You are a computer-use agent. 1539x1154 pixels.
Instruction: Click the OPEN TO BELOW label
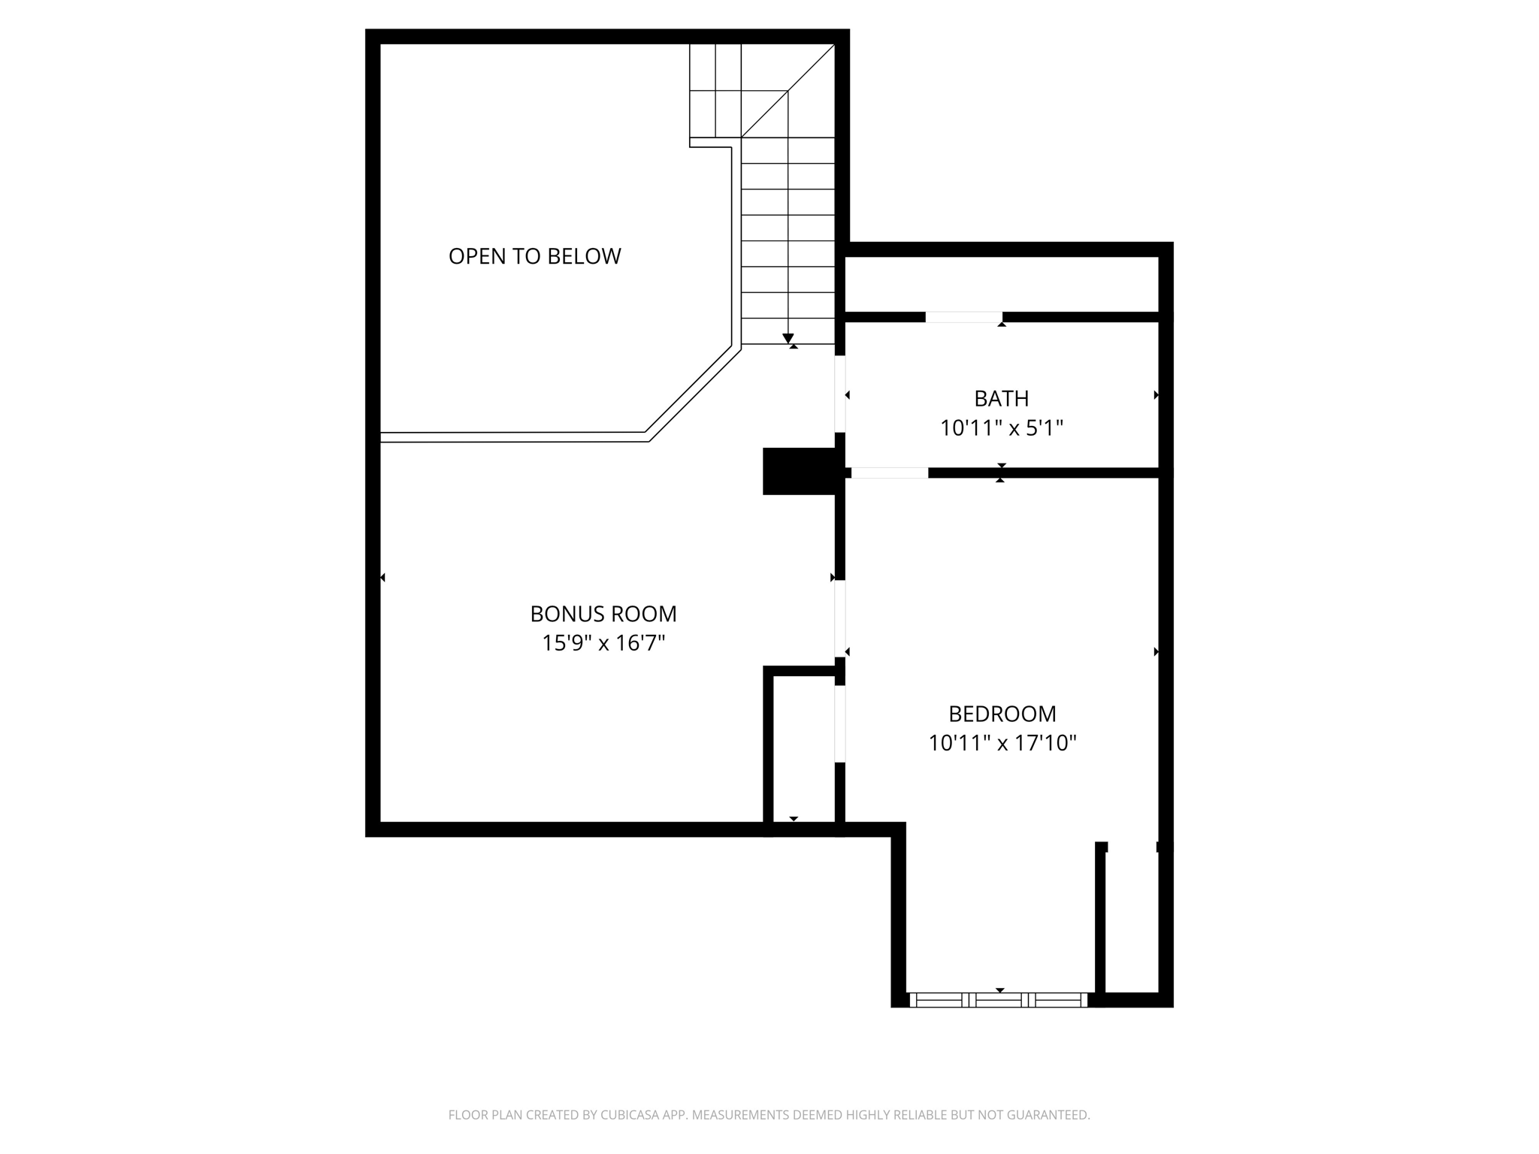coord(534,256)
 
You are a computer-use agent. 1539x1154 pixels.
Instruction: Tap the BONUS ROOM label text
coord(603,614)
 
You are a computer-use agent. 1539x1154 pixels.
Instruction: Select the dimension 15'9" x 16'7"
coord(603,643)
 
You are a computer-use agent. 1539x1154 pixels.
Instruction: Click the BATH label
coord(1001,398)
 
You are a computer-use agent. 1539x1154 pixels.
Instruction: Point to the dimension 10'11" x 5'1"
coord(1001,428)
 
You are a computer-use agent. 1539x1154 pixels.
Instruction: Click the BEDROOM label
coord(1002,713)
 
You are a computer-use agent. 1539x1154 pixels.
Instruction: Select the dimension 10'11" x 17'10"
coord(1002,743)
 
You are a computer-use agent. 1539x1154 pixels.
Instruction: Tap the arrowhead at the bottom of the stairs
coord(788,339)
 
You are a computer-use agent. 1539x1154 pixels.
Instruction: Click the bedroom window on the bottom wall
coord(998,1000)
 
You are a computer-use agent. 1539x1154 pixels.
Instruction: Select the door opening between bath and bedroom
coord(890,473)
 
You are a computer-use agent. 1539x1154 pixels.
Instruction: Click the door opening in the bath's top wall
coord(963,317)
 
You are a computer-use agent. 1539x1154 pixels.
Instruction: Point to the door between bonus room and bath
coord(840,394)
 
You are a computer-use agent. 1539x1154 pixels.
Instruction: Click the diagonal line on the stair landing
coord(788,91)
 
